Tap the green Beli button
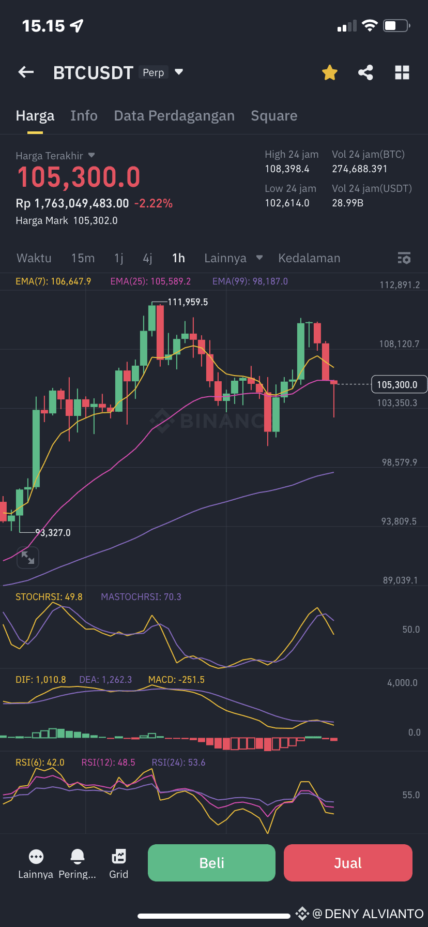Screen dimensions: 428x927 pos(211,862)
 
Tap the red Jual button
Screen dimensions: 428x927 pos(348,862)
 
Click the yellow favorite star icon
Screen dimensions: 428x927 pos(330,72)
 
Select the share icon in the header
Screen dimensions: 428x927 pos(365,72)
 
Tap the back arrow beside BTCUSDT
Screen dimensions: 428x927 pos(26,72)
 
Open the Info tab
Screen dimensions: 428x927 pos(84,116)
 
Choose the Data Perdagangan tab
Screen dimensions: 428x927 pos(174,116)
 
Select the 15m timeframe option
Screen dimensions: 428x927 pos(83,258)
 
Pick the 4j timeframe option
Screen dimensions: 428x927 pos(147,258)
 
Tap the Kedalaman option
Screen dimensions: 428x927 pos(309,258)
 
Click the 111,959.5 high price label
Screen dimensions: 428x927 pos(188,302)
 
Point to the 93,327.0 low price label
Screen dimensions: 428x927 pos(53,532)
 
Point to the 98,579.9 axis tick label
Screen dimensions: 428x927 pos(400,462)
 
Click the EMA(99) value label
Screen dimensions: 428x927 pos(250,281)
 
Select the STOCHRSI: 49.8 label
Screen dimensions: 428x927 pos(49,597)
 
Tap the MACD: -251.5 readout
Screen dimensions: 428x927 pos(176,680)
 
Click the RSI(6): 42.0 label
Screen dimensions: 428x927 pos(40,762)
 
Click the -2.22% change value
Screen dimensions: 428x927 pos(153,203)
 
